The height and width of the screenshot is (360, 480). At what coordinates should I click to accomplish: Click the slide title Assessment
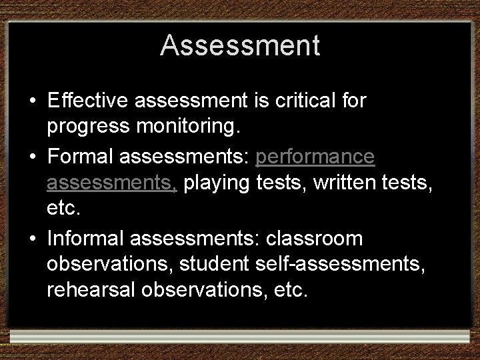(x=240, y=45)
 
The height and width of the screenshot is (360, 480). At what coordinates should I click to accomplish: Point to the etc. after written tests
(x=63, y=208)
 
